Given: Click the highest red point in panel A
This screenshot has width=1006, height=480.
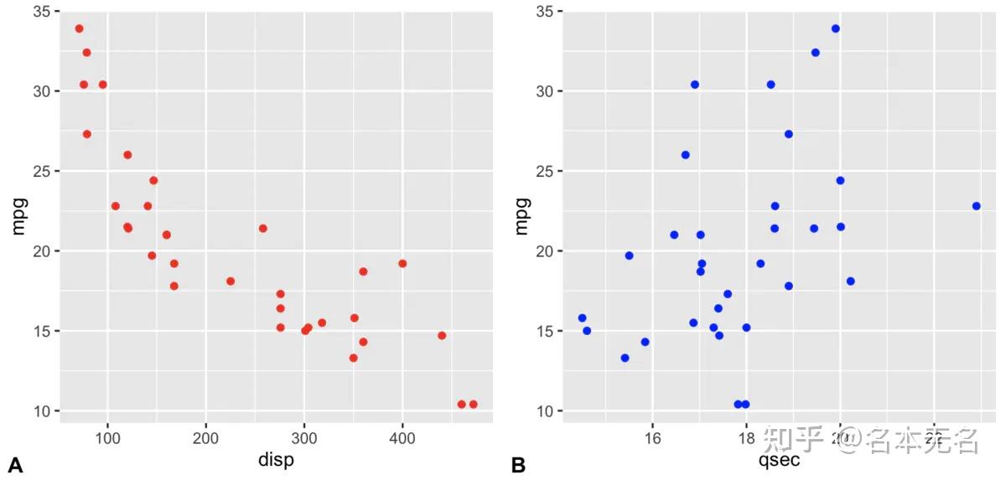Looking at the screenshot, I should [x=79, y=28].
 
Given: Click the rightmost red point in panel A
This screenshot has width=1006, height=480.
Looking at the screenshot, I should [x=474, y=404].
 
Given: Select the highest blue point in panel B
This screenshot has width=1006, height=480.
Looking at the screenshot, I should [x=835, y=28].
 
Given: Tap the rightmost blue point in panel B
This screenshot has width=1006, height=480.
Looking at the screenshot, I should [x=976, y=206].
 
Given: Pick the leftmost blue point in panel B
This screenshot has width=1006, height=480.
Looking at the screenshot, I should [x=582, y=318].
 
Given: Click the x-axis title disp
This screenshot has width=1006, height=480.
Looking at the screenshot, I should [x=276, y=460].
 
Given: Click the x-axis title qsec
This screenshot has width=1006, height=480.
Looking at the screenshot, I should [x=779, y=460].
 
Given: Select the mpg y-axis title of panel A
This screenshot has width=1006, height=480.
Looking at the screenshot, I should [x=18, y=215].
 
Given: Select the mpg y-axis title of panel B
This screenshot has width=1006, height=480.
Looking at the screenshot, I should [x=521, y=215].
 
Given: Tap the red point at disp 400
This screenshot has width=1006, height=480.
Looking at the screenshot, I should [x=402, y=263].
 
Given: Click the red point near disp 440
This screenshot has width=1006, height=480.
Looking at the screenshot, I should [x=442, y=335].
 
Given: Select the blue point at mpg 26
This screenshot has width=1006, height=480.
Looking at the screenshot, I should [x=685, y=155].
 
